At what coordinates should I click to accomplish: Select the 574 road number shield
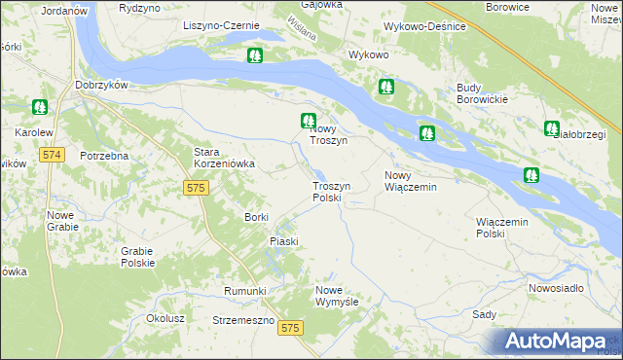(53, 155)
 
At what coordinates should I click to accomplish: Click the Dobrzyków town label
(101, 85)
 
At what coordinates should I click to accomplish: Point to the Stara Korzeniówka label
(224, 158)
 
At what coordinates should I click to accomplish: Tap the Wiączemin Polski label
(503, 228)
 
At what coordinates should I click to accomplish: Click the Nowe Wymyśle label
(338, 296)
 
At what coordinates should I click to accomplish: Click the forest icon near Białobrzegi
(552, 127)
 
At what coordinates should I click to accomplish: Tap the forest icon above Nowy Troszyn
(308, 122)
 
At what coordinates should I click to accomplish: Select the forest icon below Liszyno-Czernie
(254, 55)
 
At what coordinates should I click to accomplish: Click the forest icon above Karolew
(40, 106)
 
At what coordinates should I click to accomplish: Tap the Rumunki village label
(244, 290)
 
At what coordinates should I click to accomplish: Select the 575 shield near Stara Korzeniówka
(196, 187)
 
